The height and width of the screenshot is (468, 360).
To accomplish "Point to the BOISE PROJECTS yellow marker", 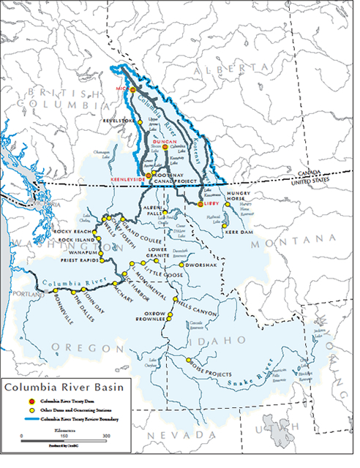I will [x=189, y=361].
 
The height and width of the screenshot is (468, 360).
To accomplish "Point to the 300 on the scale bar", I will [x=107, y=434].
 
